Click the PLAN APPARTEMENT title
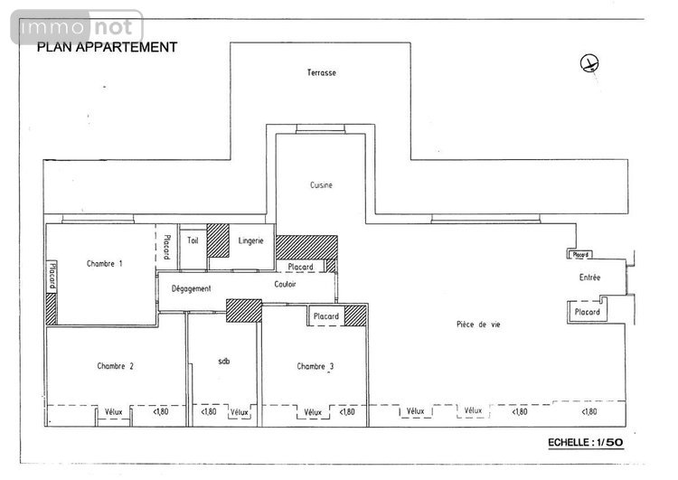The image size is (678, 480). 107,47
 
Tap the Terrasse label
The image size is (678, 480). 322,73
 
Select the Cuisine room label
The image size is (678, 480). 321,185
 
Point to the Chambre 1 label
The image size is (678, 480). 105,264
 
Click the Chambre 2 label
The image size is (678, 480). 116,366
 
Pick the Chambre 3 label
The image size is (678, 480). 315,366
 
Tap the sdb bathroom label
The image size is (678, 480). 224,362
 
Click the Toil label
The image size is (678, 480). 193,240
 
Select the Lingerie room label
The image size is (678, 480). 251,240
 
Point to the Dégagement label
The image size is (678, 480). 192,288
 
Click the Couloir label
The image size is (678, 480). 286,284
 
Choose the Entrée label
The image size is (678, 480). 589,278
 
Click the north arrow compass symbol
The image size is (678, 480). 589,63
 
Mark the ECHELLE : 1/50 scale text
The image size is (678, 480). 586,442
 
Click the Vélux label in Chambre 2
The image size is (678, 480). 115,412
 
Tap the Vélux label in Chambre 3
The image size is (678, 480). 313,412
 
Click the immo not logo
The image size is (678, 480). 76,29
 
